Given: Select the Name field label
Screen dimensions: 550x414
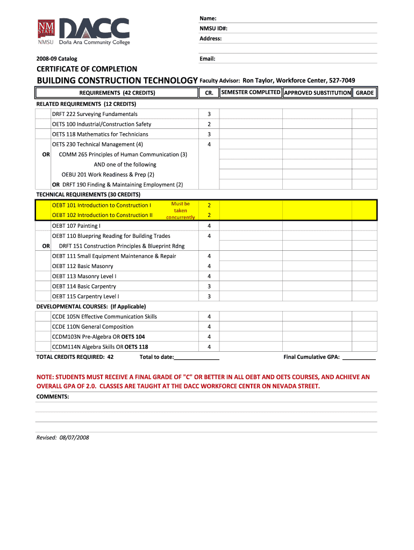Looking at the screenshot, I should [x=208, y=18].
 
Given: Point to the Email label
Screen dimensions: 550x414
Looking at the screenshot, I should [x=208, y=59].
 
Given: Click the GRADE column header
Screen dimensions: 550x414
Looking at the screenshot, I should [x=365, y=93].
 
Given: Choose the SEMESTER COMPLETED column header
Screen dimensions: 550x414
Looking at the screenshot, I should [x=251, y=92].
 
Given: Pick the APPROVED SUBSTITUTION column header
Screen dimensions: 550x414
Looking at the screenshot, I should [x=317, y=93].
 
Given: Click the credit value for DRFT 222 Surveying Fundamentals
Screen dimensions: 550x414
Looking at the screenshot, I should [x=209, y=114].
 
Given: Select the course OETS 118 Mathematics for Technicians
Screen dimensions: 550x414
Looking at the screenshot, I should [x=100, y=134].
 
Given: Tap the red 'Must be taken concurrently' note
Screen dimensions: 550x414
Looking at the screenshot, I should [x=180, y=211].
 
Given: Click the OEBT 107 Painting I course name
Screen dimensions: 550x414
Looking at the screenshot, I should [x=76, y=226].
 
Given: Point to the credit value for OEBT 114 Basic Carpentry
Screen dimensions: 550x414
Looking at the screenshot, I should [x=209, y=286].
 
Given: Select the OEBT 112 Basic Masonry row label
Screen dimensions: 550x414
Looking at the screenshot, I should [x=82, y=266].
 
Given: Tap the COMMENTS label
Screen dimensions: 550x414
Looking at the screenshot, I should [x=53, y=396].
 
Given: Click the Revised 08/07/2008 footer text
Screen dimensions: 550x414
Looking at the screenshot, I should [x=62, y=437].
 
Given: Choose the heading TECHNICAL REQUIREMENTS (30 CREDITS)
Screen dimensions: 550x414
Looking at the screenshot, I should [x=88, y=194].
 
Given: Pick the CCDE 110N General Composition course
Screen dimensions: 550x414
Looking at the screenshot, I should [x=92, y=327].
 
